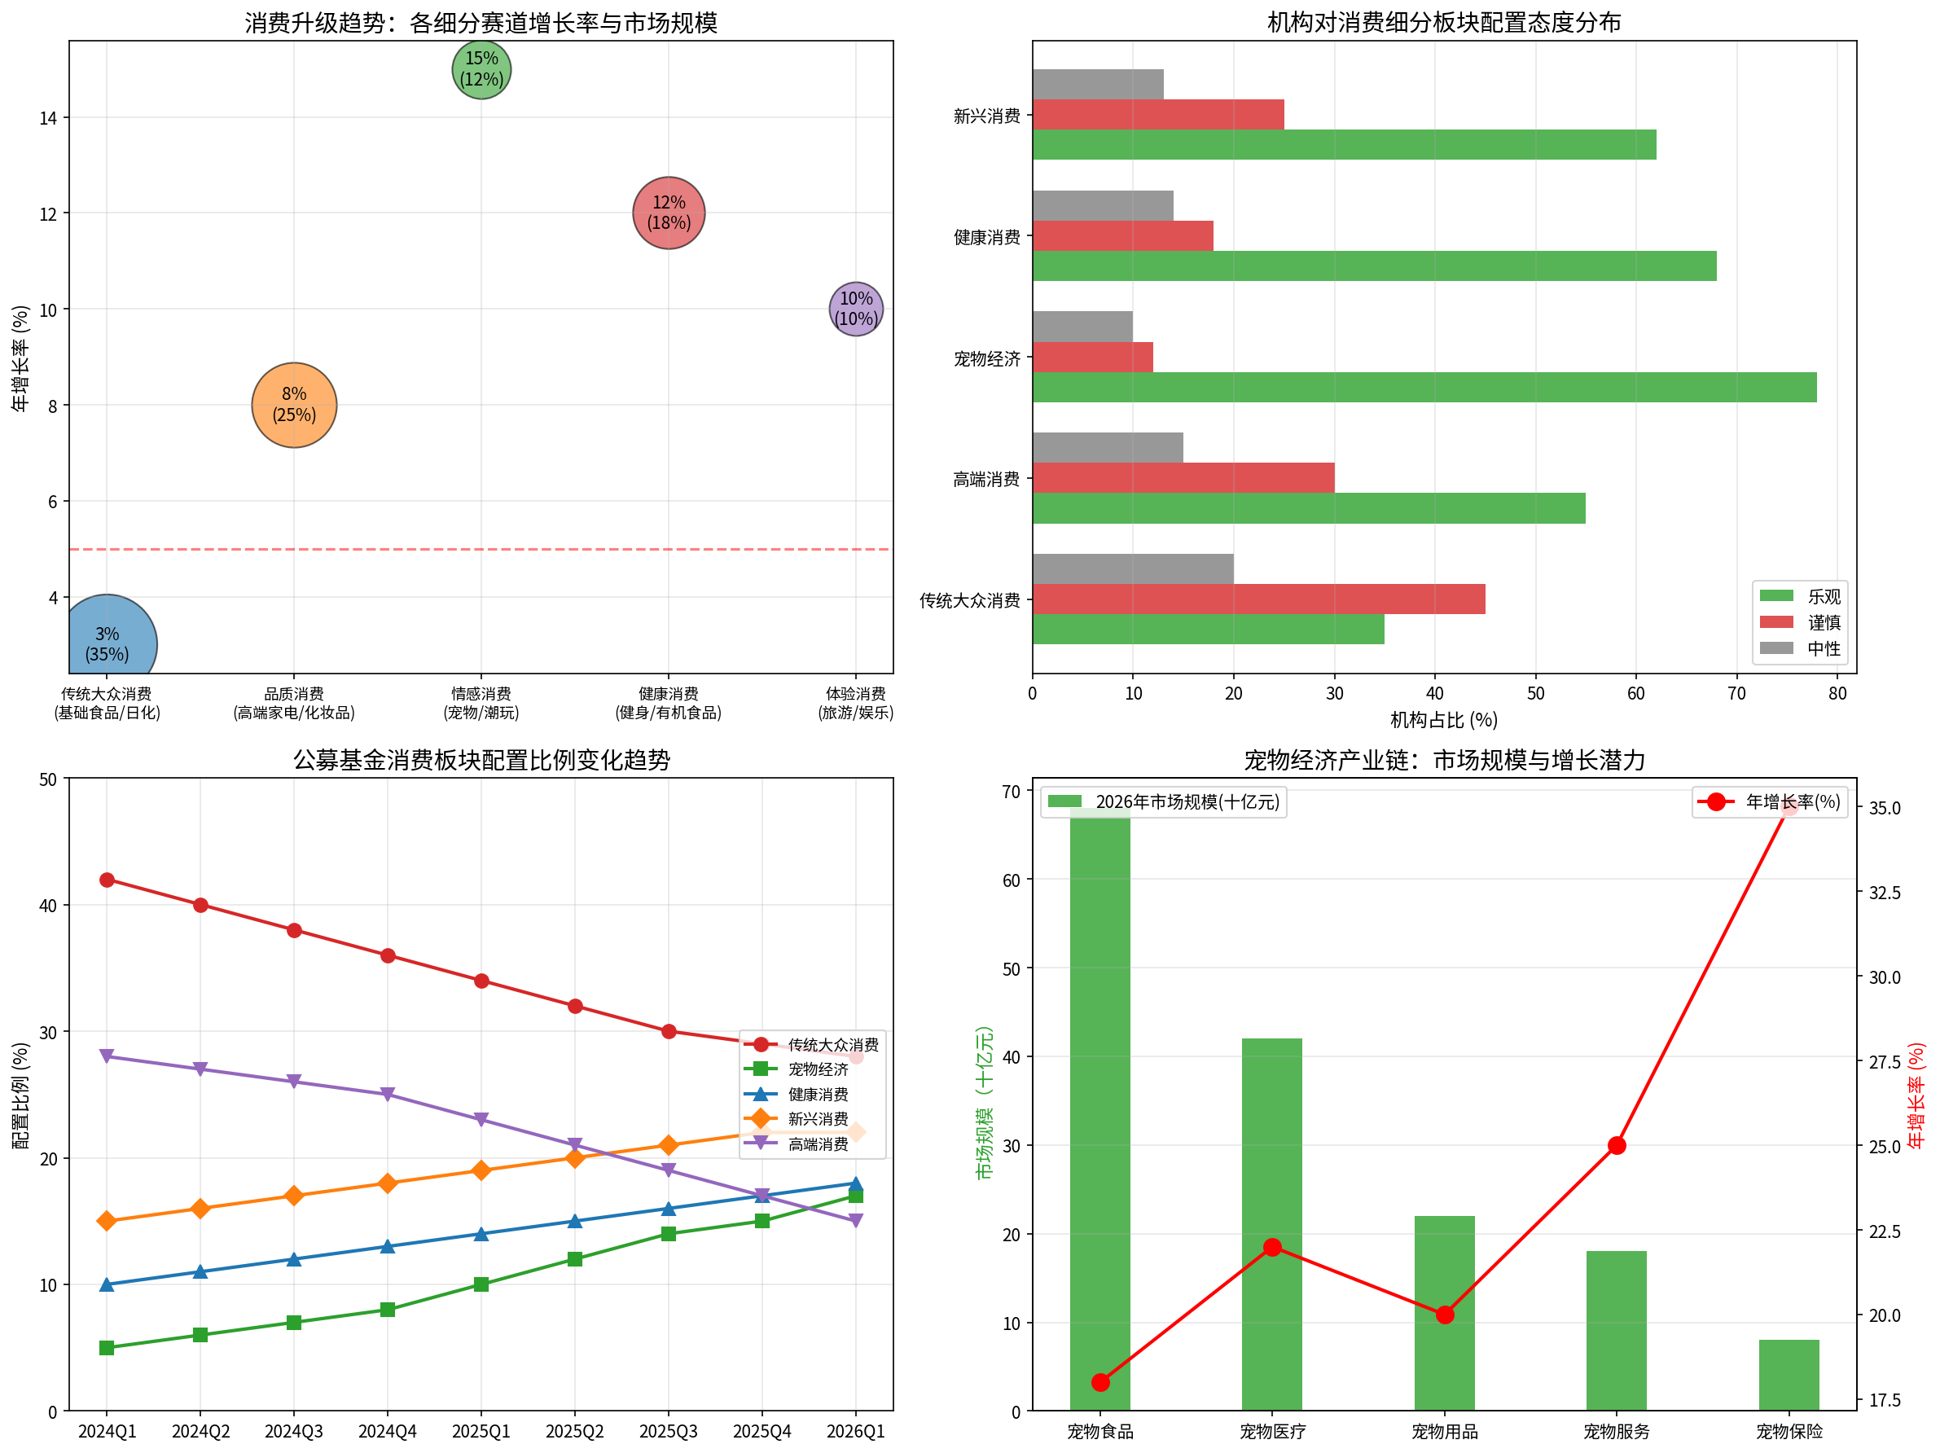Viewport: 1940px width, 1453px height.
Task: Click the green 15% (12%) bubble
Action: [481, 69]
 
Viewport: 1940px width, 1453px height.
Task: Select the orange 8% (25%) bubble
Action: [294, 405]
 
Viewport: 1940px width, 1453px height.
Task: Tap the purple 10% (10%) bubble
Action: [856, 309]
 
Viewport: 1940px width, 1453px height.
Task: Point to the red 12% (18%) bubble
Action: [669, 213]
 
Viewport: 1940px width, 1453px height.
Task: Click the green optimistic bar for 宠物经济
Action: [1424, 388]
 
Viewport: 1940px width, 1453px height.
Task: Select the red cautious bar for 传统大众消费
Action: [1258, 599]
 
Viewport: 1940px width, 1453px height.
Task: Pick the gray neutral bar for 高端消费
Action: [1108, 448]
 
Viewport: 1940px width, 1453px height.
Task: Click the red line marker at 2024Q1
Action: [107, 880]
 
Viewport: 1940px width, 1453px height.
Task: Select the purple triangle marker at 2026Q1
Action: [856, 1221]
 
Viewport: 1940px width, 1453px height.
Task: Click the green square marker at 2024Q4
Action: [388, 1310]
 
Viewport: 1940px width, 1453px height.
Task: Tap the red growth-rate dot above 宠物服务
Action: [1617, 1146]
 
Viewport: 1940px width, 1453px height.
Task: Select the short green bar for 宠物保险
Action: [1789, 1374]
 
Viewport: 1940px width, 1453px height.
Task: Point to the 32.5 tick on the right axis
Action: [1884, 893]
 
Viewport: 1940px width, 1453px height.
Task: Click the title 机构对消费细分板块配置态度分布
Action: [1444, 22]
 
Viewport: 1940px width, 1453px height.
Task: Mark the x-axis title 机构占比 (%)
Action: [1444, 720]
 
